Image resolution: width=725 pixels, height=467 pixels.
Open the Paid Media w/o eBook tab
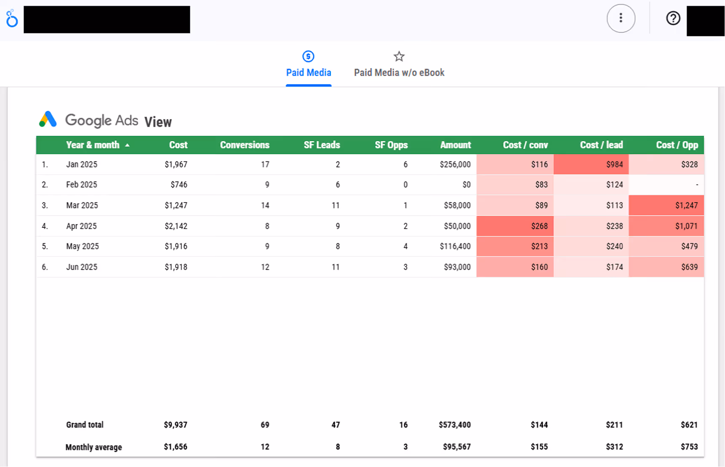tap(399, 72)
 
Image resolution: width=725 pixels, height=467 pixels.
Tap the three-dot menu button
tap(621, 18)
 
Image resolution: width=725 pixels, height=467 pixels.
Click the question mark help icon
tap(673, 18)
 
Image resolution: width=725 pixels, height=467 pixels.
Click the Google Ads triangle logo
tap(48, 119)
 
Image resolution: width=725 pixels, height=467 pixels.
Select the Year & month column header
tap(93, 145)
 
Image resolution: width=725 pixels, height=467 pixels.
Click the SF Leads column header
tap(322, 145)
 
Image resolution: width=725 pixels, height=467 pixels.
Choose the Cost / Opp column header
tap(677, 145)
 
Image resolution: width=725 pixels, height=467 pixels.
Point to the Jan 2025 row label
tap(82, 164)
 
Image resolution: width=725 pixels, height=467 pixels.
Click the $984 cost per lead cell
tap(614, 164)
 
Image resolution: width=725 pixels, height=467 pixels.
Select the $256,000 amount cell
tap(455, 164)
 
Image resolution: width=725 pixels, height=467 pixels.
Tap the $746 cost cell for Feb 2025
tap(179, 185)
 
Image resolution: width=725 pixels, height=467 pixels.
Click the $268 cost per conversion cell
tap(539, 226)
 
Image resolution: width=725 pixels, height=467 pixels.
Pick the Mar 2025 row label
tap(82, 206)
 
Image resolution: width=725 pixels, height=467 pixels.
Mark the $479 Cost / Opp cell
tap(689, 246)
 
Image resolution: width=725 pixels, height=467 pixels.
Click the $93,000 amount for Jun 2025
tap(457, 267)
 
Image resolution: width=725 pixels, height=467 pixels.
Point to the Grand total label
tap(85, 425)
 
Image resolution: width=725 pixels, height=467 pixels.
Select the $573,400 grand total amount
tap(455, 425)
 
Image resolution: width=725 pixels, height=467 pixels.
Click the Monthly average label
tap(93, 447)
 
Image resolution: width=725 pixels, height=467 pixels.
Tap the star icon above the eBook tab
tap(399, 56)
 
